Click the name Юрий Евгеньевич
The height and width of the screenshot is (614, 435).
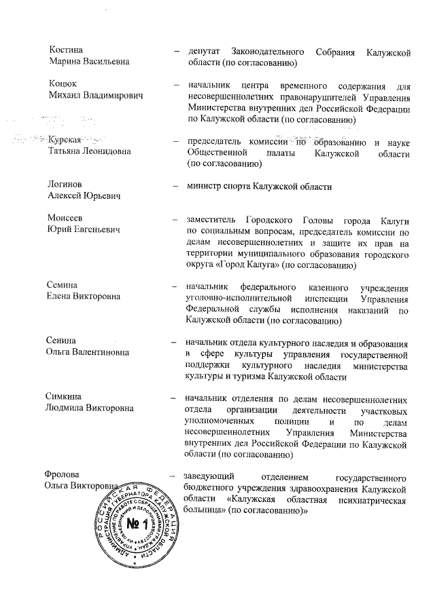pyautogui.click(x=84, y=230)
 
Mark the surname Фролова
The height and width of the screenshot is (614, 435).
pyautogui.click(x=68, y=475)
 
